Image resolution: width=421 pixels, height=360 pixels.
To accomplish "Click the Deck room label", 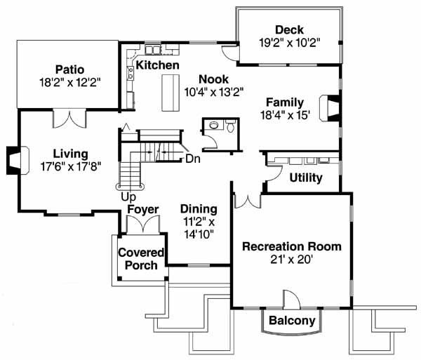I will [x=289, y=29].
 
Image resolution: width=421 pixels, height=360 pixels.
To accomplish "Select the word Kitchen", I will [x=157, y=65].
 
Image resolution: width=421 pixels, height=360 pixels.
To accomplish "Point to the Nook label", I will [x=213, y=79].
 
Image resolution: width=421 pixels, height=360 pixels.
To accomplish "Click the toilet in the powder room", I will [x=229, y=127].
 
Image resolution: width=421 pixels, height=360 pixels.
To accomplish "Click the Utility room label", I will [x=305, y=178].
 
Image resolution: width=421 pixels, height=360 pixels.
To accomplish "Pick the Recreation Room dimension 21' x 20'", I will [x=291, y=260].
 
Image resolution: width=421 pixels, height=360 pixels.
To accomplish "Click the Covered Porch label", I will [x=141, y=258].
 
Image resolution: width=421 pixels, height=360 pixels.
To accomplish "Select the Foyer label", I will [x=142, y=209].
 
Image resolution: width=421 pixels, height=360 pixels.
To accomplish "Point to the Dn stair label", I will [x=193, y=159].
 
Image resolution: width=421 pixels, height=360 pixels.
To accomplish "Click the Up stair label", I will [x=128, y=196].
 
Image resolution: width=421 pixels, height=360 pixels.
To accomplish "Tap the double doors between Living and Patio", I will [x=69, y=119].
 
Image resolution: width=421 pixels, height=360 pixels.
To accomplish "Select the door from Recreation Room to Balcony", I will [x=290, y=299].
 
